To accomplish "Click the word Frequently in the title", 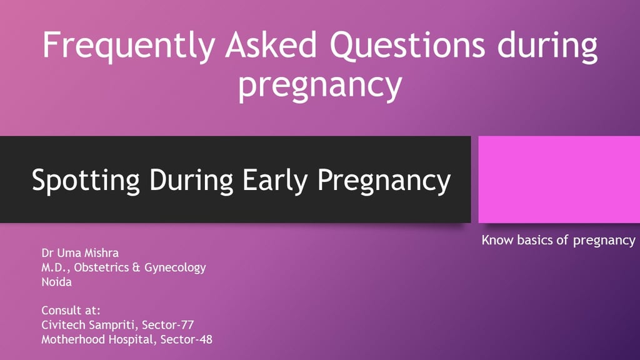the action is point(129,46).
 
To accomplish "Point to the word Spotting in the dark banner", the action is point(86,181).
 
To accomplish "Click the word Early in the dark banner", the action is point(275,181).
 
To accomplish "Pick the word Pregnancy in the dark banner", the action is point(384,181).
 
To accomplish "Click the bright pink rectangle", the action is point(559,179).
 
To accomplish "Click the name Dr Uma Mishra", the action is point(80,253).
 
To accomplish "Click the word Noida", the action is point(56,282).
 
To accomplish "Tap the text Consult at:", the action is point(71,311).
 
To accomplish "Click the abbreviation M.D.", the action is point(55,267).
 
